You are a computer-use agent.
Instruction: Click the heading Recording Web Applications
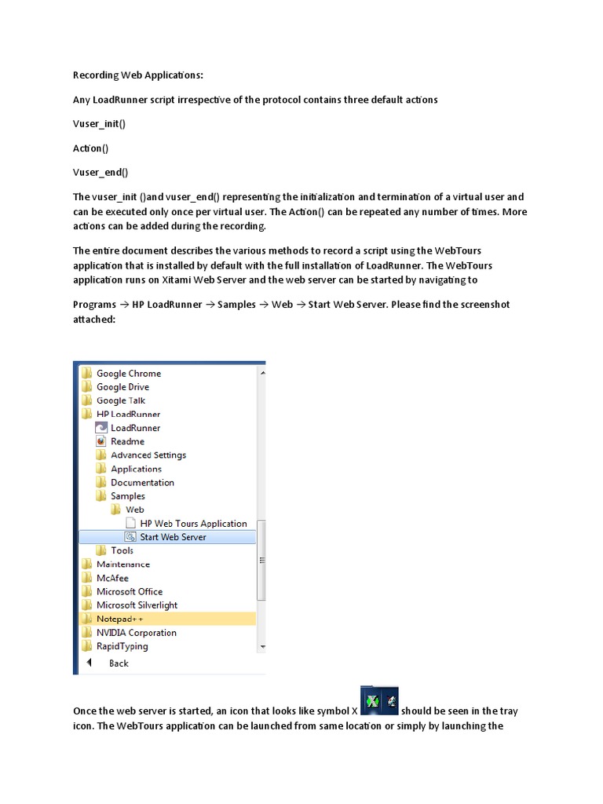(x=137, y=75)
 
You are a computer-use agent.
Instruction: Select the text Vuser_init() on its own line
(x=100, y=124)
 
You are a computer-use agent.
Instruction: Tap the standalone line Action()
(x=91, y=148)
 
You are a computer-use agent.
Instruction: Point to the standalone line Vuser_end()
(x=100, y=172)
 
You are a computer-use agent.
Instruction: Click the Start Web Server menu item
(x=173, y=537)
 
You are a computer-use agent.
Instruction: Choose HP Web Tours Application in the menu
(x=193, y=524)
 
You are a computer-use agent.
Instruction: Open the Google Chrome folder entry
(x=128, y=374)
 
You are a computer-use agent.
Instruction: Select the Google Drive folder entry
(x=122, y=387)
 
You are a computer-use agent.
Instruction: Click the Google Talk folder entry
(x=120, y=400)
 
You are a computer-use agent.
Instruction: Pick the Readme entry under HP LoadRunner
(x=127, y=441)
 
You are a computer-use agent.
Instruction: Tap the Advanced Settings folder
(x=148, y=455)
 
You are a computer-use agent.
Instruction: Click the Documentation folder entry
(x=142, y=483)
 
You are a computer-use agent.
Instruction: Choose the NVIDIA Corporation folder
(x=136, y=633)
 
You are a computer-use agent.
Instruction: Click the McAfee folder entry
(x=112, y=578)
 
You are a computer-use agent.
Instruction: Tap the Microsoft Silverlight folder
(x=137, y=605)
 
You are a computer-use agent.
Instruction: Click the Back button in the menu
(x=119, y=663)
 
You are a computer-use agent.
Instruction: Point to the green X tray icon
(x=371, y=700)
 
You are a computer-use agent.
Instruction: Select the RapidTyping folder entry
(x=122, y=646)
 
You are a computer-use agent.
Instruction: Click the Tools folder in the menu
(x=122, y=550)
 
